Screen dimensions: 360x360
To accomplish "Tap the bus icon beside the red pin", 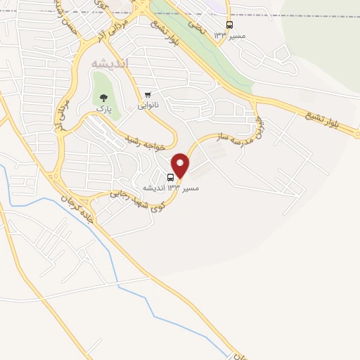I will coord(171,176).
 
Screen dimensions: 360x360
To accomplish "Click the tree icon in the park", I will coord(104,98).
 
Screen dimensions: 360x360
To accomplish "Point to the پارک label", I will coord(104,110).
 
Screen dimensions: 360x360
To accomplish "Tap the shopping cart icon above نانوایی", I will coord(148,95).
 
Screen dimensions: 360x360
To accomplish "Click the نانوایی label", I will coord(147,105).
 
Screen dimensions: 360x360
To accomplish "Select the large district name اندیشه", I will coord(110,64).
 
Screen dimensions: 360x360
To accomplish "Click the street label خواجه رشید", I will coord(149,143).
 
